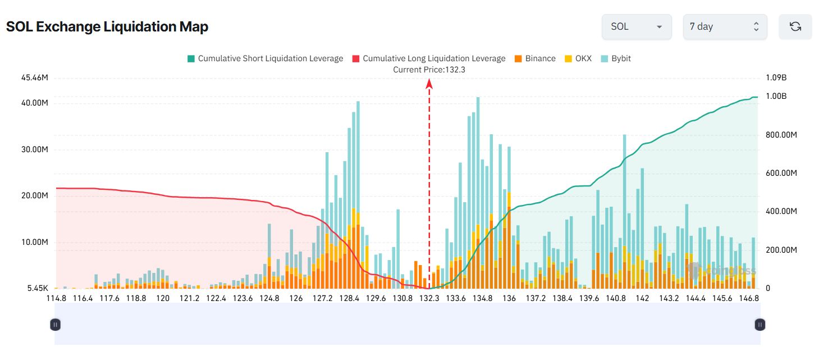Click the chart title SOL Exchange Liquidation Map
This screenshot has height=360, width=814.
(107, 26)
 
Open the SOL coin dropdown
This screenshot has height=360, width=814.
(636, 26)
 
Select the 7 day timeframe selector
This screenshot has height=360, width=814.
(724, 26)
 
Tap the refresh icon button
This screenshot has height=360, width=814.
(795, 26)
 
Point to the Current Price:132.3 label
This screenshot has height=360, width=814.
(429, 70)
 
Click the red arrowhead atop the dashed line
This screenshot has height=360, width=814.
(429, 83)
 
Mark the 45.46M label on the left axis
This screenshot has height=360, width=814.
(34, 78)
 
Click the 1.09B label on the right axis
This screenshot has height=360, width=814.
(776, 78)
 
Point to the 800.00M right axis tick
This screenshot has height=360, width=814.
(781, 135)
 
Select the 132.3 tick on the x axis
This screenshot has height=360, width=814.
(429, 298)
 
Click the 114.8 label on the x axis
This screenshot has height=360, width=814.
(57, 298)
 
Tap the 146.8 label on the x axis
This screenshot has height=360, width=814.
(749, 298)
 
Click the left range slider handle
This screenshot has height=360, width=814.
(55, 324)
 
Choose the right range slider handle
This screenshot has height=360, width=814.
(760, 324)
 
